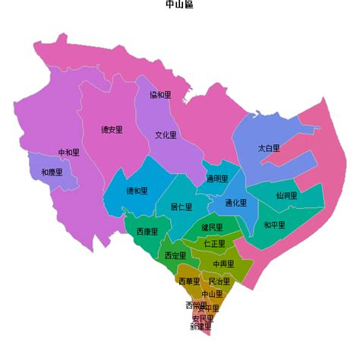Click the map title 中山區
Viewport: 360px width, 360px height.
coord(179,5)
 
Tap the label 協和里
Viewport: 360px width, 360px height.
coord(160,96)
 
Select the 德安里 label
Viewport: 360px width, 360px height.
coord(112,130)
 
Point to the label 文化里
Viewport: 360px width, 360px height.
coord(166,135)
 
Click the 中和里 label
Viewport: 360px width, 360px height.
coord(68,153)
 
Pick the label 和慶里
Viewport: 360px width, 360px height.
coord(52,172)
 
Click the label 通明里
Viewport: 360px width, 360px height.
coord(216,179)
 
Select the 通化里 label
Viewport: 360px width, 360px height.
coord(236,204)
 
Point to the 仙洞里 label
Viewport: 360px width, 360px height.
coord(286,196)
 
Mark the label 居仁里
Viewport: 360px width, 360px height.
coord(181,207)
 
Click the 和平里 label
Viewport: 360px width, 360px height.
coord(274,225)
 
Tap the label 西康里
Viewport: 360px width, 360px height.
coord(147,232)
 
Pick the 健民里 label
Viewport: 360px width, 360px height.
coord(212,228)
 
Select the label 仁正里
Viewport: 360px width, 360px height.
coord(215,244)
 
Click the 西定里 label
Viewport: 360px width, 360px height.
coord(175,255)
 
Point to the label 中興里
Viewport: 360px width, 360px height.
coord(223,264)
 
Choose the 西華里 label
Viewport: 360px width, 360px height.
coord(188,281)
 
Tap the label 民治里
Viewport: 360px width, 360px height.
coord(219,281)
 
